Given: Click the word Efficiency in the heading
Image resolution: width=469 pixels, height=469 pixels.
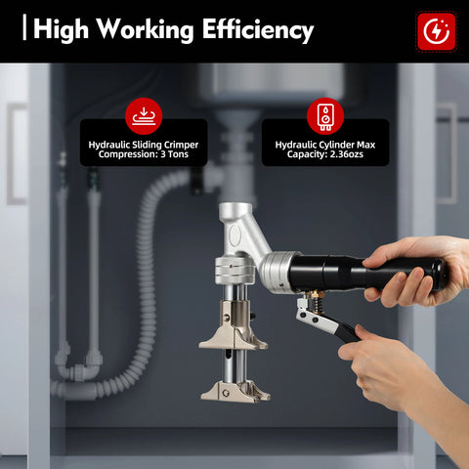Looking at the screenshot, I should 257,29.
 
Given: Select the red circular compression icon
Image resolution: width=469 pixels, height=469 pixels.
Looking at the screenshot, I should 144,116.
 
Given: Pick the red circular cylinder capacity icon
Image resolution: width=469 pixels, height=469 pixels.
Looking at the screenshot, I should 325,116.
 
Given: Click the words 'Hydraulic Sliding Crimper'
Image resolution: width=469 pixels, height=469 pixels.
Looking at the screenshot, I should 144,145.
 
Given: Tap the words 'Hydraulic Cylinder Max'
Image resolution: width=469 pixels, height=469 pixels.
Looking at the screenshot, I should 325,145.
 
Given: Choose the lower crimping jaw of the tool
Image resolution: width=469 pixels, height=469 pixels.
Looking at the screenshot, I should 234,390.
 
